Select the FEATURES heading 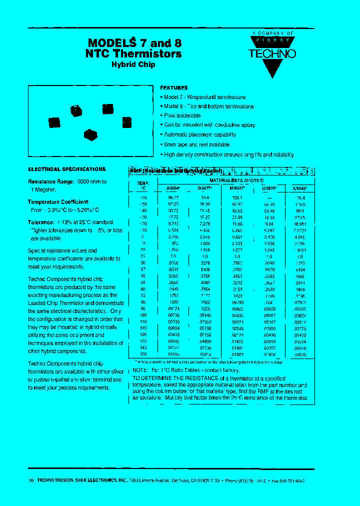click(173, 87)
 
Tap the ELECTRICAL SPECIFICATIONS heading click(66, 169)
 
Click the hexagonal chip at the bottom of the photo click(89, 134)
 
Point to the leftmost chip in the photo click(54, 121)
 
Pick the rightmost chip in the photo click(127, 121)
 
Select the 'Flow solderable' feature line click(182, 116)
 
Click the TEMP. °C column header click(143, 186)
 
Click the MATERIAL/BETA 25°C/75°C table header click(236, 179)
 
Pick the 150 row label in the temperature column click(143, 354)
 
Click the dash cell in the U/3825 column click(269, 197)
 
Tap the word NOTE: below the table click(139, 370)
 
